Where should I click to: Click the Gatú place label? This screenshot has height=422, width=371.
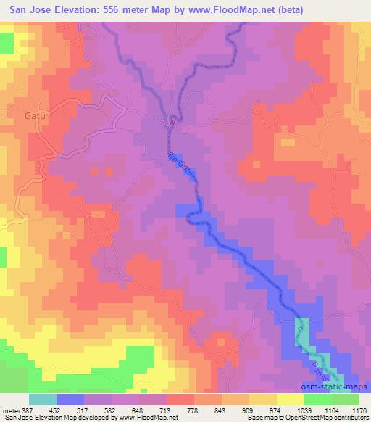click(x=15, y=115)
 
